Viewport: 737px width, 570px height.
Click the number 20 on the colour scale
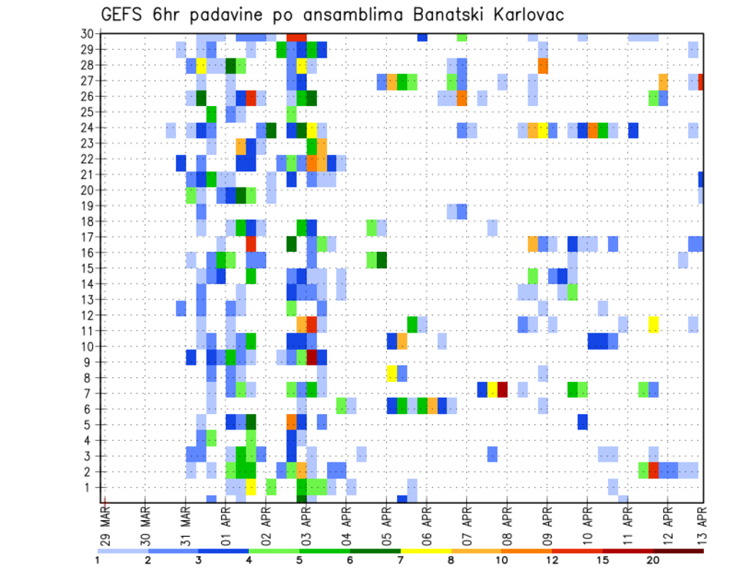click(x=653, y=560)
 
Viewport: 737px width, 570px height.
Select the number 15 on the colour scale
click(x=602, y=560)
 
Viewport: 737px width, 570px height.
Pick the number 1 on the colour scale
click(x=97, y=560)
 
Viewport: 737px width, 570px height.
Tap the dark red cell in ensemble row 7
click(x=502, y=389)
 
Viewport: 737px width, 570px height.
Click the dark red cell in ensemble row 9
click(x=312, y=358)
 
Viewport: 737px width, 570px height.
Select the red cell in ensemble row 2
click(x=653, y=469)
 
